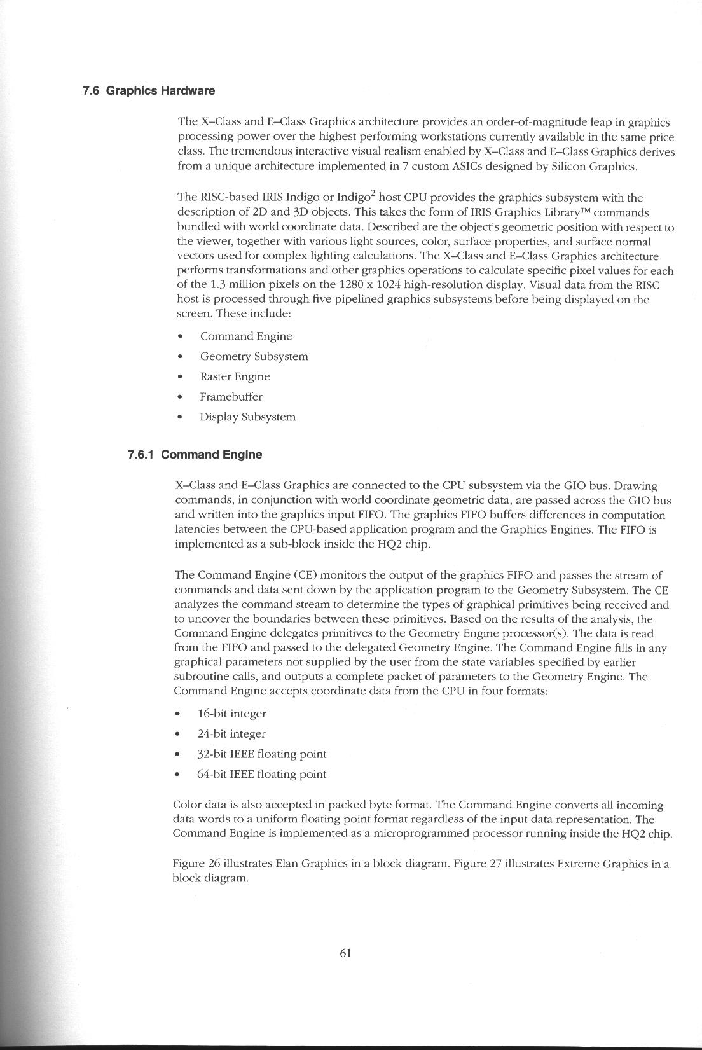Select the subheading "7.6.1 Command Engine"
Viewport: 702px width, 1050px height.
coord(195,455)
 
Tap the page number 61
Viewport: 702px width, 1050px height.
coord(346,953)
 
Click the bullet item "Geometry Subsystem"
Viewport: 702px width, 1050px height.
coord(254,357)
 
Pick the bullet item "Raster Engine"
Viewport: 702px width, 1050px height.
coord(235,376)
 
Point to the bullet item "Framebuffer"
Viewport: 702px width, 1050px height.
coord(231,397)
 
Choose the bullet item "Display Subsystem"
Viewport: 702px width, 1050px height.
coord(247,417)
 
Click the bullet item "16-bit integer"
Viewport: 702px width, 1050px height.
coord(231,714)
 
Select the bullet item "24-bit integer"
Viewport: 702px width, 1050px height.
coord(231,734)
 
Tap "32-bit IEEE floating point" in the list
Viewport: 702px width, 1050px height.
coord(261,754)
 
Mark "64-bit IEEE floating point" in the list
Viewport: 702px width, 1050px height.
coord(261,775)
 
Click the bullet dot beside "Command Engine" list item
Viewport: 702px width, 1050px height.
coord(181,337)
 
